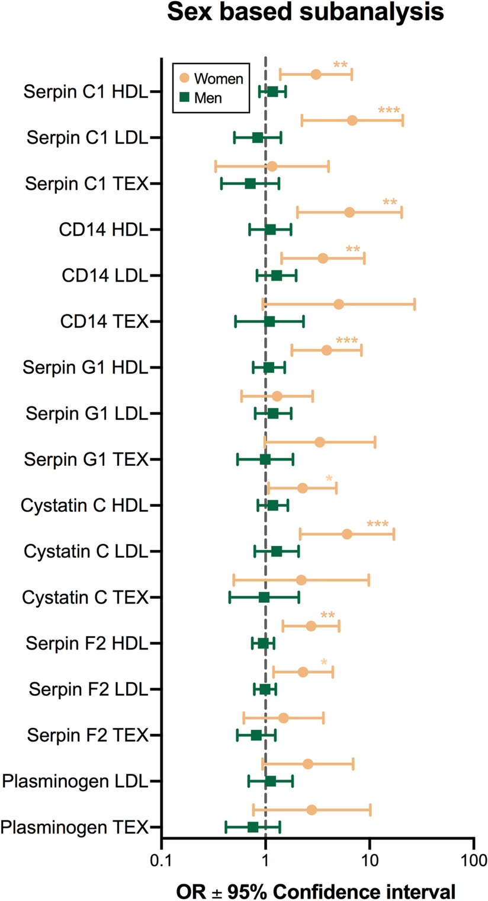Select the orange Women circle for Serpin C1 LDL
click(352, 121)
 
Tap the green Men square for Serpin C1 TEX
click(250, 184)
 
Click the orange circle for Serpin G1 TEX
click(320, 442)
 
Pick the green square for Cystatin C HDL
click(272, 506)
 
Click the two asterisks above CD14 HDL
click(390, 203)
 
